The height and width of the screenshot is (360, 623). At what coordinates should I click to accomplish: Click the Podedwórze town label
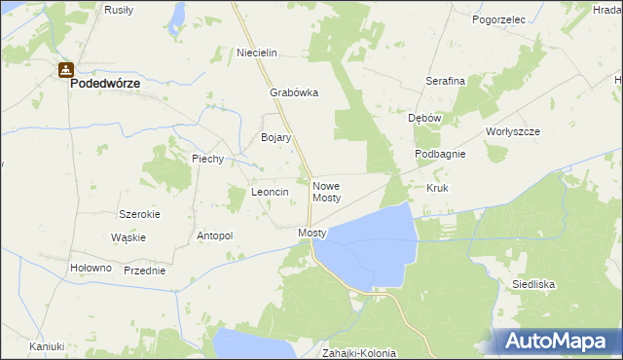[x=104, y=84]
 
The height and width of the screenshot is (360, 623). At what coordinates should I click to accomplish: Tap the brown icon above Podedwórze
[x=65, y=69]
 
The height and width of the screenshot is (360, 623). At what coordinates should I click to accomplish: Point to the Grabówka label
[x=294, y=94]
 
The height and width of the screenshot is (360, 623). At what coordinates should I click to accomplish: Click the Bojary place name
[x=276, y=138]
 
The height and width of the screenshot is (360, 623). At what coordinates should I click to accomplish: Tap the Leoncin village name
[x=271, y=193]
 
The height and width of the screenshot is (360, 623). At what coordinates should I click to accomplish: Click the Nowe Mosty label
[x=326, y=191]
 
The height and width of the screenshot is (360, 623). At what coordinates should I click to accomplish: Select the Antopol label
[x=215, y=235]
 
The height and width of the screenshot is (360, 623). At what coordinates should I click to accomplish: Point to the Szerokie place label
[x=139, y=213]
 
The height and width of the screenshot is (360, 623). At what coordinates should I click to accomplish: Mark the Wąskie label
[x=128, y=237]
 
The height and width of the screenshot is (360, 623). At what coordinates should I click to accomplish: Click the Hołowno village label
[x=92, y=268]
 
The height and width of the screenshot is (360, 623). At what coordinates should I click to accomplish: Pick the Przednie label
[x=144, y=270]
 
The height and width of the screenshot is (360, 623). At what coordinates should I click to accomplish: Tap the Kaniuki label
[x=46, y=345]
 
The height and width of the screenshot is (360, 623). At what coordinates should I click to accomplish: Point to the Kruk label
[x=436, y=187]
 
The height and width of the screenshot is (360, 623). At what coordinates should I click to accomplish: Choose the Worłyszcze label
[x=512, y=131]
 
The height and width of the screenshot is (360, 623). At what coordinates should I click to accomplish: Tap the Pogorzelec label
[x=498, y=18]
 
